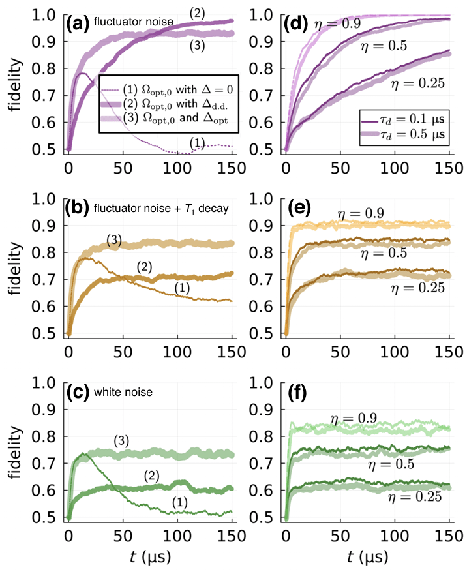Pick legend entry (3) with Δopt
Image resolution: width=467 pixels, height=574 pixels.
point(168,120)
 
